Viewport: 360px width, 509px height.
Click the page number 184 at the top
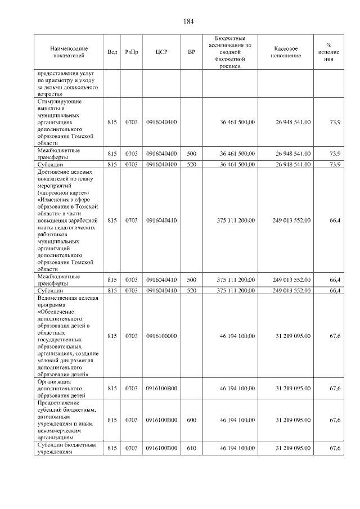coord(188,21)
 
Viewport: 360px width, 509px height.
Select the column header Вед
coord(112,52)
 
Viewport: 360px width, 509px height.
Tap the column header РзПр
coord(132,52)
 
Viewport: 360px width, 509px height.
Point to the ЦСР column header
coord(161,52)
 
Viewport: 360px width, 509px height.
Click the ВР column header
coord(191,52)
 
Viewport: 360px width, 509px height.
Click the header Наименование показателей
coord(68,52)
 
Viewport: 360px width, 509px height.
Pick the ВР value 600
coord(191,420)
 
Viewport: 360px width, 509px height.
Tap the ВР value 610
coord(191,448)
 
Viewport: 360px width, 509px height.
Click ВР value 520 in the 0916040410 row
coord(191,290)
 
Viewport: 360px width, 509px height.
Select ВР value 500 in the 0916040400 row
coord(191,153)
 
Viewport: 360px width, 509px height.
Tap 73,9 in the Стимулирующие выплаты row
coord(335,121)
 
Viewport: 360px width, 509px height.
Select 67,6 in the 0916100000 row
coord(335,336)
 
